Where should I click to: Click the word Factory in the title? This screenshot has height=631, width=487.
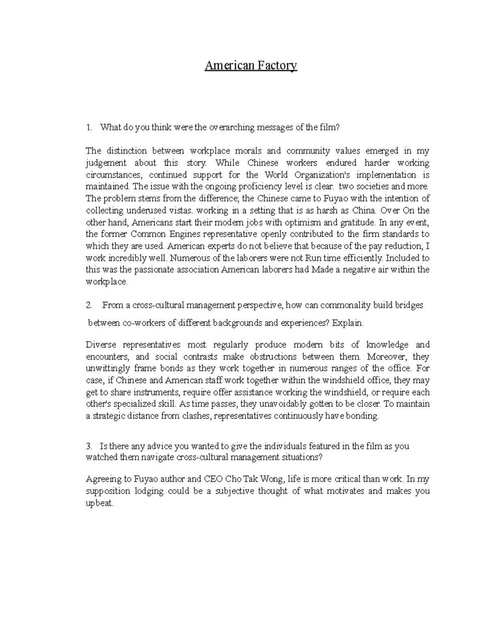coord(276,65)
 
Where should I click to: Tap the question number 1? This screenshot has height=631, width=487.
coord(88,128)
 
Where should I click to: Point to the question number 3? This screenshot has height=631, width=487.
coord(88,446)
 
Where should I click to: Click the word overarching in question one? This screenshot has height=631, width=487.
coord(229,128)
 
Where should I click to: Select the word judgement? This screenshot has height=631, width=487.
coord(106,163)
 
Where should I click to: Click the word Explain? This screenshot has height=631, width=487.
coord(348,323)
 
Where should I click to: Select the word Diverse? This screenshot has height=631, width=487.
coord(101,345)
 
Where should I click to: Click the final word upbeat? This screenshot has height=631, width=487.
coord(99,503)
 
